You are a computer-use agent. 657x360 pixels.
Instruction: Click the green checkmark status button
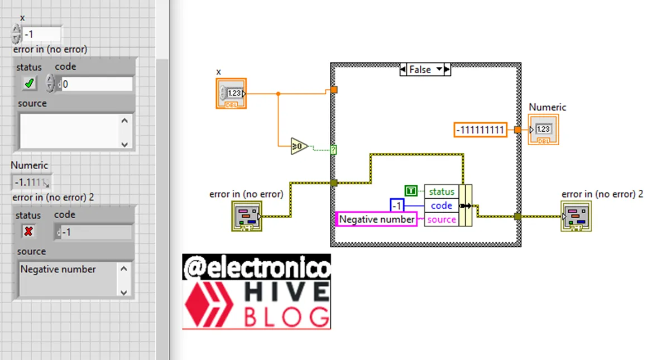pyautogui.click(x=30, y=84)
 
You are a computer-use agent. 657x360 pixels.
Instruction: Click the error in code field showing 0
pyautogui.click(x=96, y=84)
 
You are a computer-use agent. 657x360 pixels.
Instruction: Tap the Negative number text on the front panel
pyautogui.click(x=58, y=270)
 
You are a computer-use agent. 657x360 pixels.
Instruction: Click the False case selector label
pyautogui.click(x=420, y=70)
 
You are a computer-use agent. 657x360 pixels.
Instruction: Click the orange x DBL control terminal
pyautogui.click(x=231, y=93)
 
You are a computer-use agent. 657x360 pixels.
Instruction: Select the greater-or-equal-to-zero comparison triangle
pyautogui.click(x=299, y=146)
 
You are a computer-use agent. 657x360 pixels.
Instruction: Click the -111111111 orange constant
pyautogui.click(x=480, y=130)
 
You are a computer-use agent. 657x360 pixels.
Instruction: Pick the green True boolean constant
pyautogui.click(x=411, y=191)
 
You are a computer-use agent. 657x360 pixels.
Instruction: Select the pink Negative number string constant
pyautogui.click(x=377, y=219)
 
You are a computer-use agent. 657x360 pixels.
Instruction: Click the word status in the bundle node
pyautogui.click(x=442, y=191)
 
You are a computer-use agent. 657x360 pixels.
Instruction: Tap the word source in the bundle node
pyautogui.click(x=442, y=219)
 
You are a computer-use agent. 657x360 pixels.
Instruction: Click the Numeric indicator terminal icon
pyautogui.click(x=543, y=129)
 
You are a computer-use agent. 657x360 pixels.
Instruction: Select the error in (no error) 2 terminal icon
pyautogui.click(x=576, y=216)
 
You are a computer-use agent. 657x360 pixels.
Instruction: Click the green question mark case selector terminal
pyautogui.click(x=333, y=149)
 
